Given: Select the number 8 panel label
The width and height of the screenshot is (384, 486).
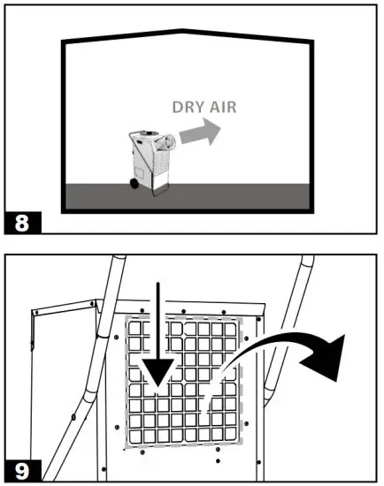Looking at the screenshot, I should pos(22,216).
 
